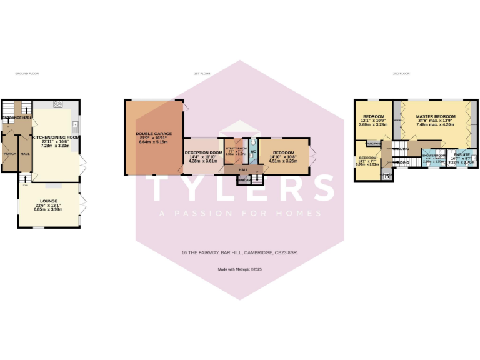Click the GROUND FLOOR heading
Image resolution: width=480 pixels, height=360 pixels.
(27, 74)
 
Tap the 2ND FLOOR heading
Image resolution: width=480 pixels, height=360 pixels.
(401, 74)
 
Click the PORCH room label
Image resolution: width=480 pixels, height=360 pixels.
(9, 153)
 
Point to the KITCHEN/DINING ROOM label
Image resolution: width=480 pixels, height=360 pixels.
(56, 136)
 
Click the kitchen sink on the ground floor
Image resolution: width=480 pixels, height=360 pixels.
(75, 123)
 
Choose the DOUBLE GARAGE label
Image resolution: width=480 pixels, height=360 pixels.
(153, 134)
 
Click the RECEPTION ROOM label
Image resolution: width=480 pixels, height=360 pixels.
(203, 152)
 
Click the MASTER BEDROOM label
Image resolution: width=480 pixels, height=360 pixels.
(435, 116)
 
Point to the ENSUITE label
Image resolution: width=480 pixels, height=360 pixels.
(462, 154)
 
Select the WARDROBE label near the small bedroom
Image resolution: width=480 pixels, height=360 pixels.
(374, 142)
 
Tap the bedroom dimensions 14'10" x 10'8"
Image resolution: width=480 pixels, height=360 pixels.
(283, 157)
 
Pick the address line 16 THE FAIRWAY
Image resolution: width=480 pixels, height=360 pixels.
(239, 253)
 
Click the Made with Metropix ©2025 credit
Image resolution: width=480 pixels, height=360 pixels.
(239, 269)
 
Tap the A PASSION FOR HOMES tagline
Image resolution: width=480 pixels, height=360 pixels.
(240, 213)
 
